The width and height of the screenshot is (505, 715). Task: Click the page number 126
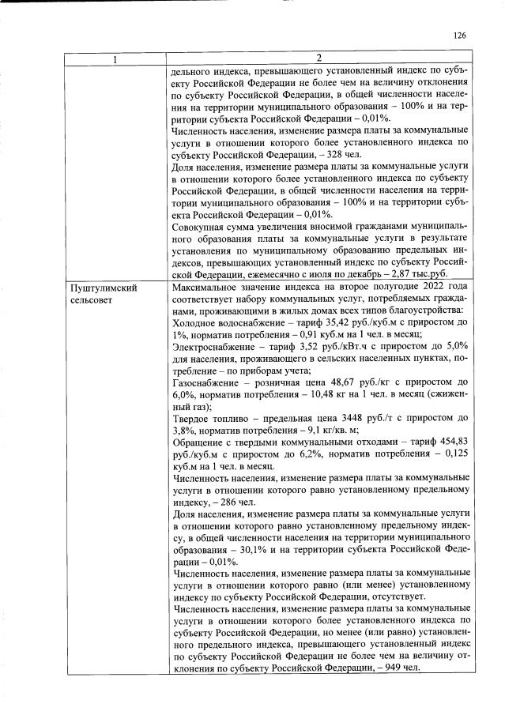click(462, 35)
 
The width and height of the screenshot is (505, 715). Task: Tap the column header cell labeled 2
click(318, 58)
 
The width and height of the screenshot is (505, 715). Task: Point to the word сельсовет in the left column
click(93, 301)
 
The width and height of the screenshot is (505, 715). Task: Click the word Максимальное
click(209, 289)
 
